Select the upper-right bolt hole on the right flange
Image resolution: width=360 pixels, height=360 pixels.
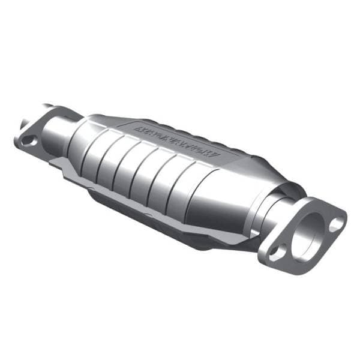coord(337,224)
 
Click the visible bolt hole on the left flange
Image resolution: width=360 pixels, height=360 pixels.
coord(28,140)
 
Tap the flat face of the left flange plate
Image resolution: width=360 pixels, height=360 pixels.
coord(39,135)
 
